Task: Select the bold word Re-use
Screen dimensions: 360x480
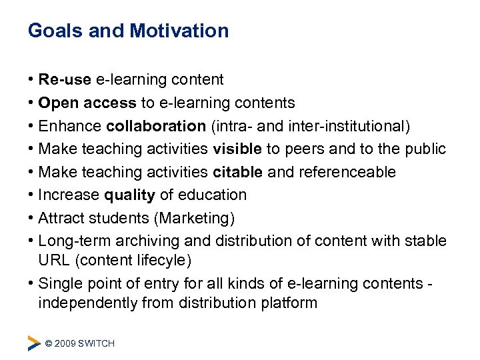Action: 65,80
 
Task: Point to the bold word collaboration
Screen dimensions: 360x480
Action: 156,126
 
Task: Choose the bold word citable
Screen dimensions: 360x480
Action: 238,172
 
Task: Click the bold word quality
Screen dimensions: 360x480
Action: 130,195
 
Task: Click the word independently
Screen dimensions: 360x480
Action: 86,303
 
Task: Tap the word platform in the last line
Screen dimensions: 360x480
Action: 288,303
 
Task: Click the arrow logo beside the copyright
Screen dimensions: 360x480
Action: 34,343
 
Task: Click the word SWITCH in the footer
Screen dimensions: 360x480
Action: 97,343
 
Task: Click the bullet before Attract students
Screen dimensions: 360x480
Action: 31,218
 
